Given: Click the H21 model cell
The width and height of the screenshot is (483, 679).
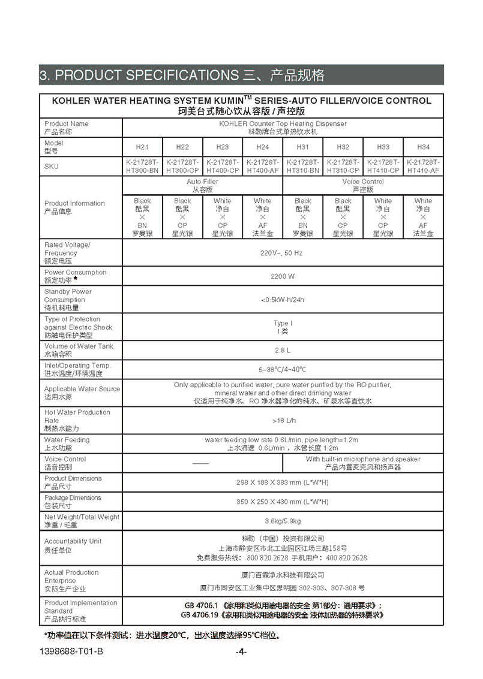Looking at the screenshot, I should [x=142, y=147].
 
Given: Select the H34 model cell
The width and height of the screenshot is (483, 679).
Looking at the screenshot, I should [x=423, y=147].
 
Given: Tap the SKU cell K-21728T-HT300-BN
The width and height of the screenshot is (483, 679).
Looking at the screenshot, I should [x=142, y=166].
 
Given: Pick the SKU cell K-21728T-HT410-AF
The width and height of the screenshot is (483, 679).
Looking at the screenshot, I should [x=423, y=166].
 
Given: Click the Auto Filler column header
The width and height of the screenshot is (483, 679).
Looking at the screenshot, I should [x=202, y=185].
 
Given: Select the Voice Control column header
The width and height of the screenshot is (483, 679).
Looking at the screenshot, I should [x=363, y=185].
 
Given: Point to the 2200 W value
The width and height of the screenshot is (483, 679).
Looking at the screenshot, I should [x=283, y=276].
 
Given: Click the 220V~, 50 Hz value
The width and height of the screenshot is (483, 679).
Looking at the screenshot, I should [x=283, y=253].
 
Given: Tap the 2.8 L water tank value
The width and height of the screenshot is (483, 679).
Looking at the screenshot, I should [x=283, y=350].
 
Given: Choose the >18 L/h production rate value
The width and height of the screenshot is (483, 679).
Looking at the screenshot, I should [x=283, y=420].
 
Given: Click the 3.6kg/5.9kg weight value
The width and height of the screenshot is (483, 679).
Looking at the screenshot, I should [x=283, y=521].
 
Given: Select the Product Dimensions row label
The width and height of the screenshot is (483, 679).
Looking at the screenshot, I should [x=73, y=482].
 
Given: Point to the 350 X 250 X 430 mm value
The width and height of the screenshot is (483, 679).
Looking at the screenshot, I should [x=283, y=502].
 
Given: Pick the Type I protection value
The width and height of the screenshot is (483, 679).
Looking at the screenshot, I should [x=283, y=327].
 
